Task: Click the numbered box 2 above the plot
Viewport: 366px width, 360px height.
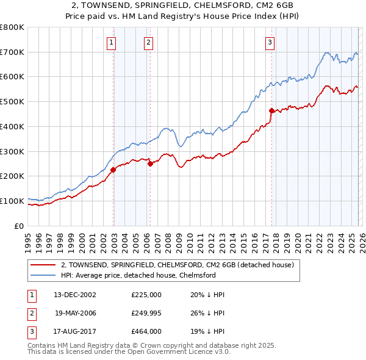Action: coord(148,42)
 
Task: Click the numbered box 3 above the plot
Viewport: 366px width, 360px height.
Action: coord(270,42)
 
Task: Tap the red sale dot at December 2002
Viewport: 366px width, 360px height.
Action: coord(113,170)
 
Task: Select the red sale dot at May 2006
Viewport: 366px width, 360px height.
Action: coord(150,164)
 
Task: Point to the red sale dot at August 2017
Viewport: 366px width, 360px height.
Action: coord(271,110)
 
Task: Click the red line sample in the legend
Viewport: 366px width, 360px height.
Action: coord(43,265)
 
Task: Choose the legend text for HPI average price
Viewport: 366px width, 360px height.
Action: coord(138,275)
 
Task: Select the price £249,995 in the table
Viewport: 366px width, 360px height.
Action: coord(146,313)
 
